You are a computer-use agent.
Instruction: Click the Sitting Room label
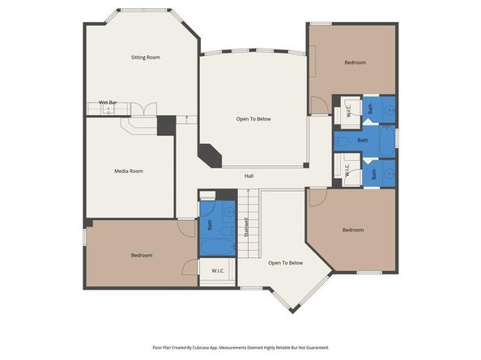click(x=146, y=57)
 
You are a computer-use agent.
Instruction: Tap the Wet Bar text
click(x=108, y=102)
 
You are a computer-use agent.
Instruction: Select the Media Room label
click(x=128, y=171)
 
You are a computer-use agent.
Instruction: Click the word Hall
click(x=250, y=176)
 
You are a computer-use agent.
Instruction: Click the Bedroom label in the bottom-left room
click(x=142, y=255)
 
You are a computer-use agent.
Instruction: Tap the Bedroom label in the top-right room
click(x=355, y=62)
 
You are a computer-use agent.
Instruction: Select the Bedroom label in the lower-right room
click(x=353, y=230)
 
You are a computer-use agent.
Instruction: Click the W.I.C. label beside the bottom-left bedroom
click(x=218, y=270)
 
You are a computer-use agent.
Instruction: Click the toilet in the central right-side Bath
click(x=342, y=141)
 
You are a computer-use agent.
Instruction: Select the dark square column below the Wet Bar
click(x=165, y=125)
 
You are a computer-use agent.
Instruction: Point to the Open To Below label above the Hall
click(x=253, y=119)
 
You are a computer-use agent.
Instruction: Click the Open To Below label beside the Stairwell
click(x=285, y=262)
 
